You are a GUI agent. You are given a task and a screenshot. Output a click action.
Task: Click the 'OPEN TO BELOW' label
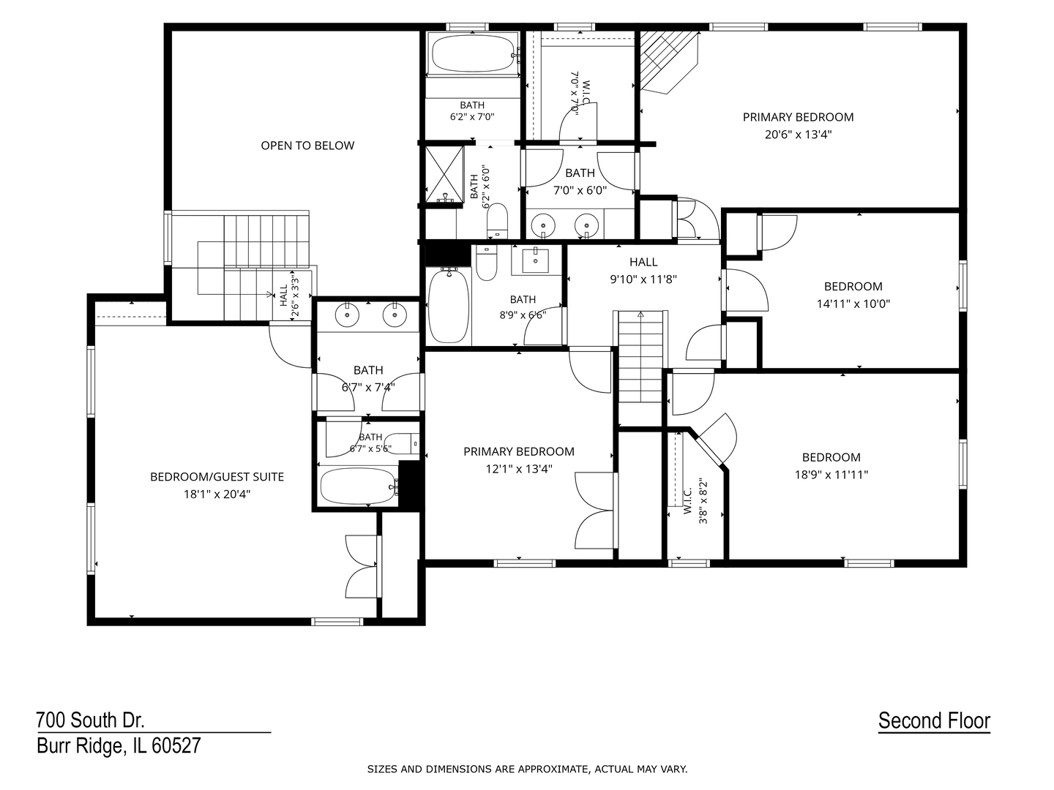(x=307, y=146)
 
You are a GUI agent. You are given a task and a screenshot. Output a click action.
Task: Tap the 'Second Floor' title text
(x=934, y=721)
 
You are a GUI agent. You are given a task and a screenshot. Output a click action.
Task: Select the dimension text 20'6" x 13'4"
(x=798, y=135)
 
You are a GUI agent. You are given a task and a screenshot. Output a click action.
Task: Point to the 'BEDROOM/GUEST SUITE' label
(x=217, y=477)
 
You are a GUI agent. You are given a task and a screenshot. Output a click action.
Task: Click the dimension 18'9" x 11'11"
(x=831, y=475)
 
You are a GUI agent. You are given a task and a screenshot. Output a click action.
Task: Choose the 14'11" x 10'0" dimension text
(x=853, y=304)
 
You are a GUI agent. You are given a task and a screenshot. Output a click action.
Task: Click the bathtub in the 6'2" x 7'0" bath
(x=472, y=54)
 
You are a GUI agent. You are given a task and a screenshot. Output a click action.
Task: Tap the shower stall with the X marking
(x=444, y=175)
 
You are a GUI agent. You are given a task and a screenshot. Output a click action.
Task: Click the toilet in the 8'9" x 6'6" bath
(x=487, y=263)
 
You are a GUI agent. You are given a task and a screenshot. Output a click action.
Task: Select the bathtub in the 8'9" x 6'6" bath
(x=448, y=305)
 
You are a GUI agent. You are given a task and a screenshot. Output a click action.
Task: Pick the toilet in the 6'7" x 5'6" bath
(x=401, y=444)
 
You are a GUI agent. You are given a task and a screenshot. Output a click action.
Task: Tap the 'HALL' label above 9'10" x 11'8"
(x=643, y=262)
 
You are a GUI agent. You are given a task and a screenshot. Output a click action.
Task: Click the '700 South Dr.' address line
(x=90, y=720)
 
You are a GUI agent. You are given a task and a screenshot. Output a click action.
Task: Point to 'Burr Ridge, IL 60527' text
(x=119, y=746)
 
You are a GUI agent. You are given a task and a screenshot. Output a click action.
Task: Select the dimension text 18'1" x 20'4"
(x=217, y=494)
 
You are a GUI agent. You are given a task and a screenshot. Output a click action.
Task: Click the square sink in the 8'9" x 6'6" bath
(x=535, y=261)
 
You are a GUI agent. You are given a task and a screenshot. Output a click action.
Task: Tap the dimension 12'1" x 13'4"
(x=519, y=469)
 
